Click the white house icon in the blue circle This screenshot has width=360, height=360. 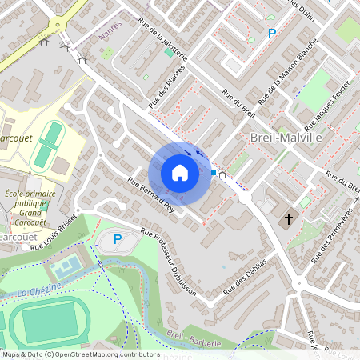point(180,173)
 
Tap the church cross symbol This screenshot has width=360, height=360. point(287,218)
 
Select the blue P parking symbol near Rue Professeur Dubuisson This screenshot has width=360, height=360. point(118,238)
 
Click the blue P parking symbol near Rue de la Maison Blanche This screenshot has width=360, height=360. point(271,34)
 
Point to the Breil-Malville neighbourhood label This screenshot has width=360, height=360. point(286,138)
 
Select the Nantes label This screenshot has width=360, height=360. point(109,36)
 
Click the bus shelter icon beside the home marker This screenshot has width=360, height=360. point(222,173)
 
